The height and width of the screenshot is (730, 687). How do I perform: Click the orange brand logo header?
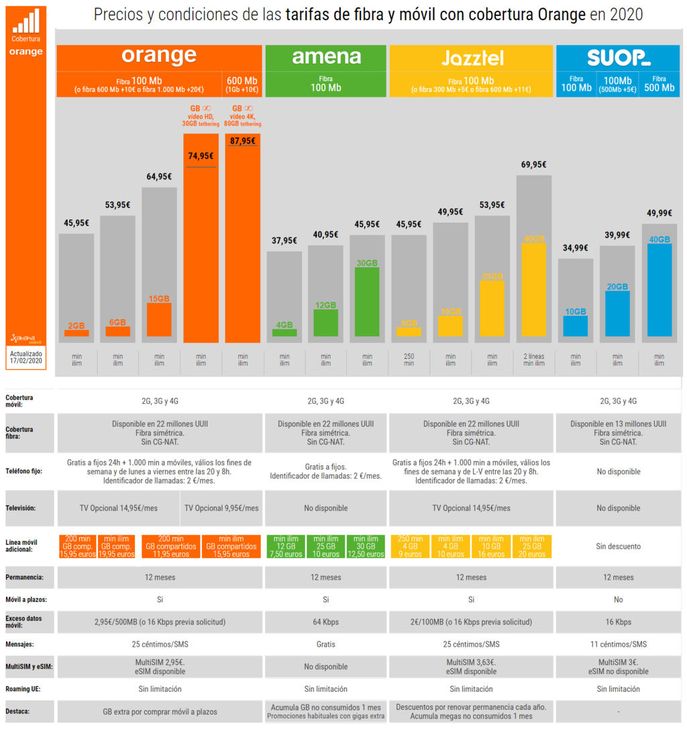coord(159,56)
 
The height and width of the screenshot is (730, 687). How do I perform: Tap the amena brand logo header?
coord(326,56)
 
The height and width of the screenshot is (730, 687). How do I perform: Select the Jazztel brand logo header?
coord(472,58)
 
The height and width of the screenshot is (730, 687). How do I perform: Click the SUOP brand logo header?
coord(619,57)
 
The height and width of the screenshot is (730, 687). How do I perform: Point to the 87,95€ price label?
coord(242,141)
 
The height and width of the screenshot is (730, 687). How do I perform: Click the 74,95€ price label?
coord(201,156)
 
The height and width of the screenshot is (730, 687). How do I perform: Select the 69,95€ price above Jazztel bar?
coord(533,164)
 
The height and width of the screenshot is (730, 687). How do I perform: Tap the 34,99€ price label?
coord(575,248)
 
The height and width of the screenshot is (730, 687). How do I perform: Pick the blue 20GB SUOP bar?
coord(617,313)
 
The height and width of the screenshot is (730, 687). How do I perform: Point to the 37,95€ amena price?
coord(284,240)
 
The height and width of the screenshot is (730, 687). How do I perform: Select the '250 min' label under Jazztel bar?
coord(409,359)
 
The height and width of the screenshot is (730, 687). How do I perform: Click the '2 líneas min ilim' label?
coord(533,359)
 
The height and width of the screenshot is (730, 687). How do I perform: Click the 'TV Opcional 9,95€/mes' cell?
coord(221,508)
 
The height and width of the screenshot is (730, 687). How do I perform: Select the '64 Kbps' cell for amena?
coord(326,621)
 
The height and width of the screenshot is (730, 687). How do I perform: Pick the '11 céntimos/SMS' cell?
coord(618,644)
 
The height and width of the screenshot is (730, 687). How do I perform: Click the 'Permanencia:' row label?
coord(24,577)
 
